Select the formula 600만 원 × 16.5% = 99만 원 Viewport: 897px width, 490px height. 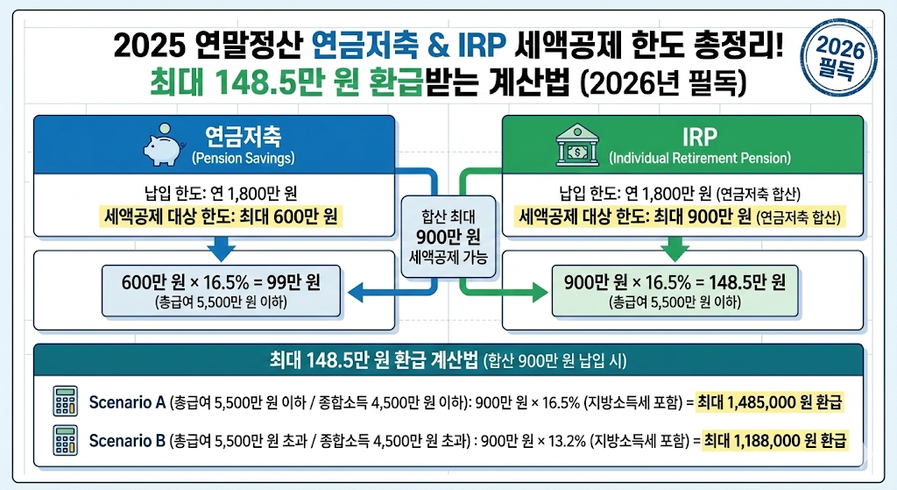[221, 282]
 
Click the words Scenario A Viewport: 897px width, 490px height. [128, 402]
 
